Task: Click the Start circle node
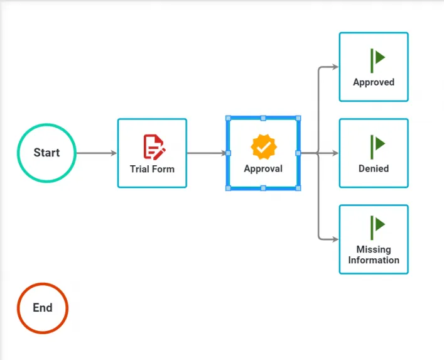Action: (x=46, y=153)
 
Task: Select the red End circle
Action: (x=43, y=308)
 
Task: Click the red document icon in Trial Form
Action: (x=154, y=147)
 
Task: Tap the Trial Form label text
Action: (x=152, y=169)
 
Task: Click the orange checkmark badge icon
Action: (x=264, y=147)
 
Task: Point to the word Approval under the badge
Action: (x=263, y=169)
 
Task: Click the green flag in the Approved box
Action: (x=377, y=60)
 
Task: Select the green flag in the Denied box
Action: (x=377, y=147)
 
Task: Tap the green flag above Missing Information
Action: (x=377, y=227)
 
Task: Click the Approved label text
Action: (x=374, y=82)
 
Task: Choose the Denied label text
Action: (x=374, y=168)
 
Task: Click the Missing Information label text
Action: (x=374, y=254)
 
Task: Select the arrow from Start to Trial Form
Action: (x=97, y=153)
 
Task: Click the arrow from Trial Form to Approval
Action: (x=207, y=153)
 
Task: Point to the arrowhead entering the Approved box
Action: (x=335, y=67)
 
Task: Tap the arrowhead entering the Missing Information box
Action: (x=335, y=239)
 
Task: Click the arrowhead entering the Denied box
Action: (x=335, y=153)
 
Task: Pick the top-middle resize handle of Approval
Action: (x=263, y=118)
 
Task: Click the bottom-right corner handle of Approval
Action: (x=298, y=188)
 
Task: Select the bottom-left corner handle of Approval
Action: (x=228, y=188)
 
